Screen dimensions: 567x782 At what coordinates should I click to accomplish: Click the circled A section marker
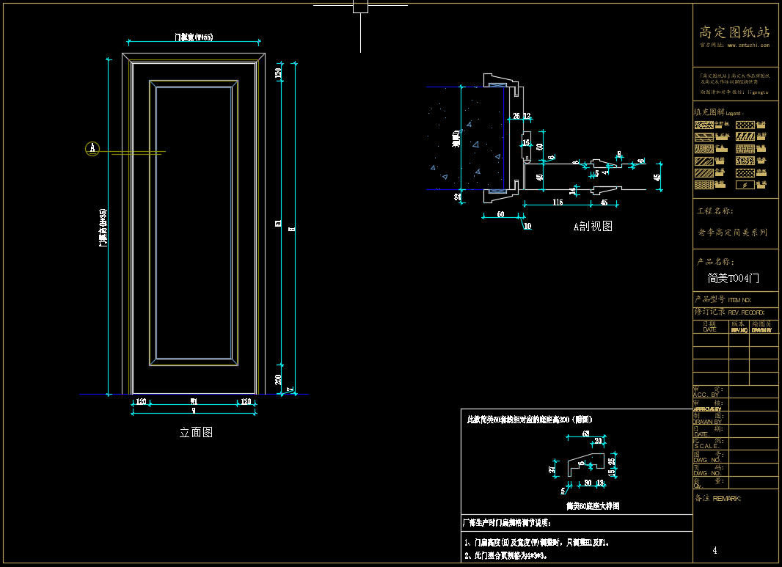(92, 148)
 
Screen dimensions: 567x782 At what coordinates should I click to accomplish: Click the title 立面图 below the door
(196, 433)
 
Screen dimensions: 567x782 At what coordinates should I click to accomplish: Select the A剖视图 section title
(593, 227)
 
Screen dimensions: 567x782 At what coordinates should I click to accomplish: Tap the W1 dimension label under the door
(194, 402)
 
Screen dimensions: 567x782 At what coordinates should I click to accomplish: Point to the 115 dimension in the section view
(557, 202)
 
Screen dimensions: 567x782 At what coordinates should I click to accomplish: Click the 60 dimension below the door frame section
(500, 215)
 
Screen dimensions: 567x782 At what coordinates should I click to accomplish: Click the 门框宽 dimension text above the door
(193, 37)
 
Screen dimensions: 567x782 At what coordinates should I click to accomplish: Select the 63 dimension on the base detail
(586, 434)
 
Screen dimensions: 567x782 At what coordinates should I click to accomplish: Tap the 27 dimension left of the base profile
(552, 469)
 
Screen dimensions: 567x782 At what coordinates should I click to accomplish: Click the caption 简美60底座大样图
(593, 506)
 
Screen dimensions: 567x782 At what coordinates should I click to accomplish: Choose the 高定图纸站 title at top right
(734, 32)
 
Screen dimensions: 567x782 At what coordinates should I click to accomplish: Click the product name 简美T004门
(734, 279)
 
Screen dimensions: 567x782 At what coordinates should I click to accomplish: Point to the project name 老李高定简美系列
(733, 233)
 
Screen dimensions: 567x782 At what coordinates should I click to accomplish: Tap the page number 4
(715, 550)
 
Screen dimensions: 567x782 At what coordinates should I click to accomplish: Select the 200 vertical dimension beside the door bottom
(279, 378)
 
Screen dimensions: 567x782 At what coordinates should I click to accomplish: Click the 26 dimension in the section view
(516, 116)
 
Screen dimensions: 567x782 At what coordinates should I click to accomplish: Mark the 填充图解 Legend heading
(718, 112)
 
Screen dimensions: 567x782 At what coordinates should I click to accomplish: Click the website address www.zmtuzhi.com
(748, 45)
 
